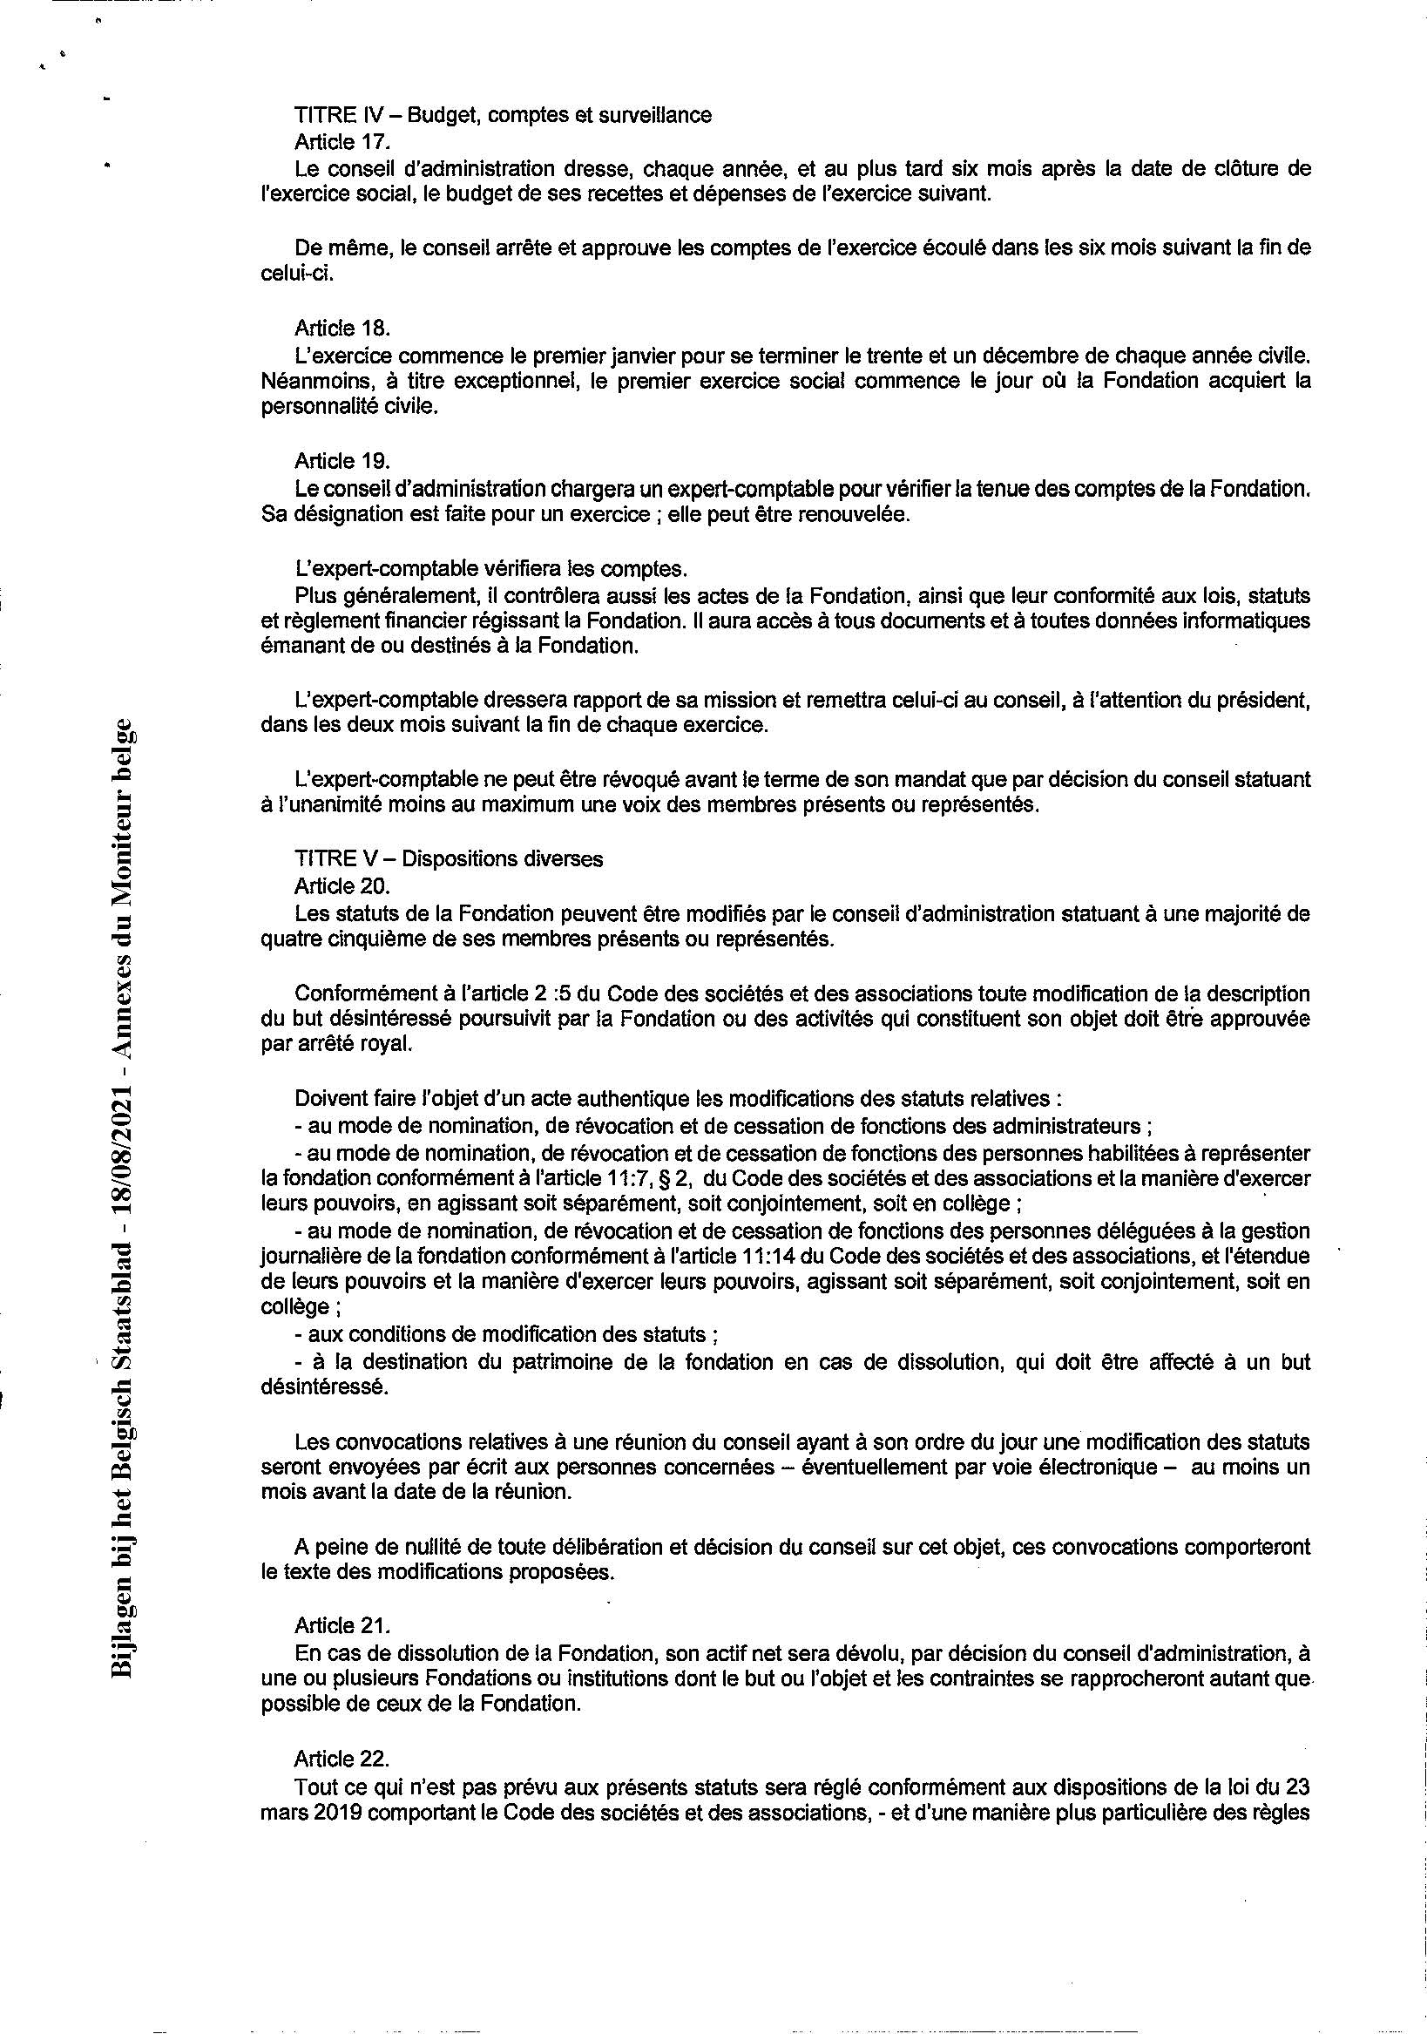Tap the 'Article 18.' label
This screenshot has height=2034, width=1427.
342,329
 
